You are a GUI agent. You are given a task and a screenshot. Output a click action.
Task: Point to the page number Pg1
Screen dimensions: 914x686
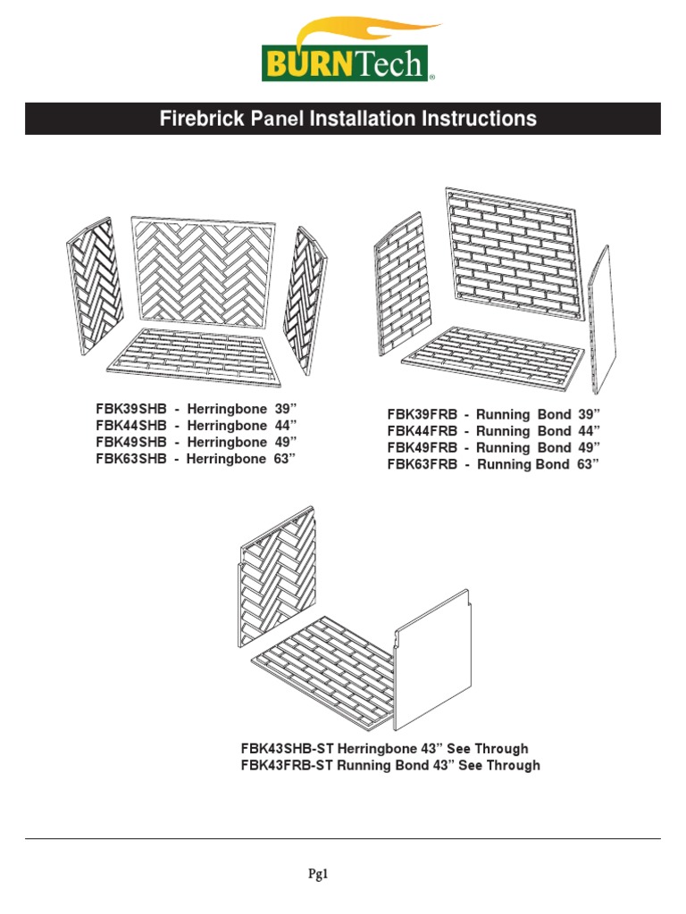click(343, 876)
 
